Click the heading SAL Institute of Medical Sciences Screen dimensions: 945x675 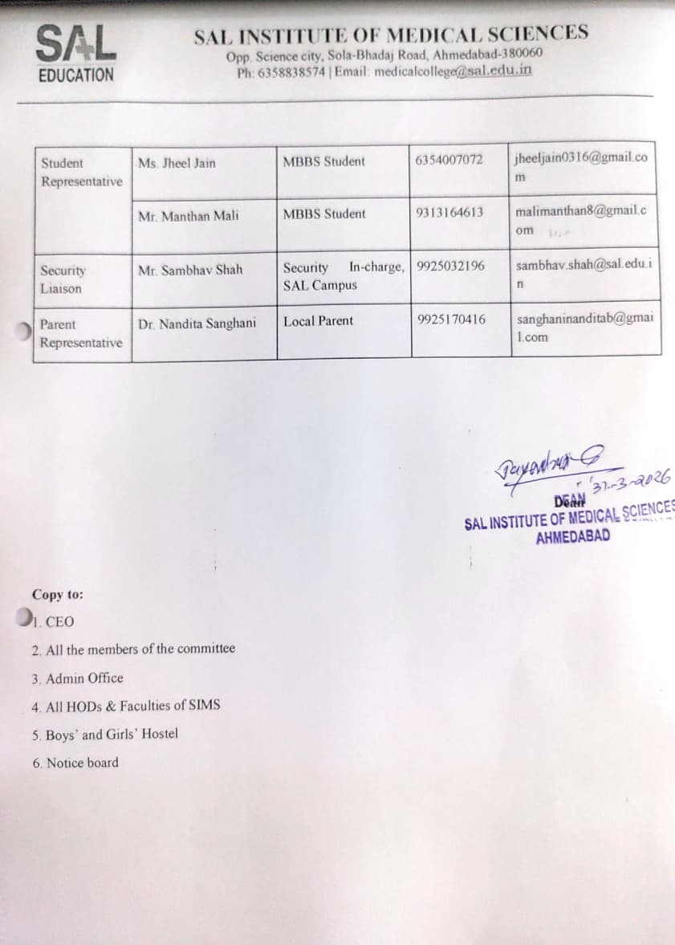[390, 34]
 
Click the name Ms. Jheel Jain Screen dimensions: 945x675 [177, 163]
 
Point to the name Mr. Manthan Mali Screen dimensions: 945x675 [188, 215]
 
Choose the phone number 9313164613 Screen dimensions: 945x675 [450, 213]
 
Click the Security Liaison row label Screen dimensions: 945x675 [63, 279]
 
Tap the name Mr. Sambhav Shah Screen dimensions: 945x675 [190, 270]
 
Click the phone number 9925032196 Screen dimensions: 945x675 [451, 266]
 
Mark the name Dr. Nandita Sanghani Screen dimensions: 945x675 [197, 324]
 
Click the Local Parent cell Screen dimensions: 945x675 [318, 321]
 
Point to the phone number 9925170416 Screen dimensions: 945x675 [452, 320]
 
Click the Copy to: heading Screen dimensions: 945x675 [57, 595]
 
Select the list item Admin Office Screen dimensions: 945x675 [78, 678]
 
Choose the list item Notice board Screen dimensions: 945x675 [75, 763]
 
